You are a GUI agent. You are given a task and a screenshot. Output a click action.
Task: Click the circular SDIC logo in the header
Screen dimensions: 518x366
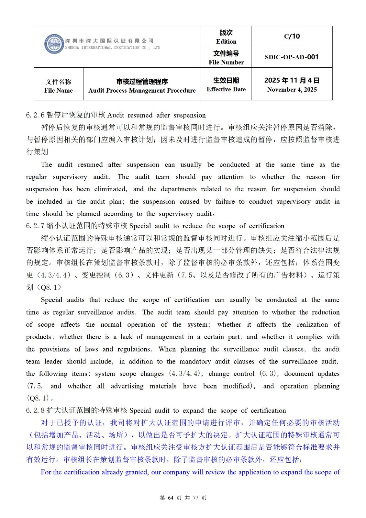54,44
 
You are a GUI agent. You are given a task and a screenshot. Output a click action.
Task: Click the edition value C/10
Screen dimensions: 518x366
292,36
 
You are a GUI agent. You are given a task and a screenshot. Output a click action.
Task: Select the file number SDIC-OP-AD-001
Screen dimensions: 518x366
292,57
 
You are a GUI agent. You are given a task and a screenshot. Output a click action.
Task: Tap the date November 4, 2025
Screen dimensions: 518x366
292,90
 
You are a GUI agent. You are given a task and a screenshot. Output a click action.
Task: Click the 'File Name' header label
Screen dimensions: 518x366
59,91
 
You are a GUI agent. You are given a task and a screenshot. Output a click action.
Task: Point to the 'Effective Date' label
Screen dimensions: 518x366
226,89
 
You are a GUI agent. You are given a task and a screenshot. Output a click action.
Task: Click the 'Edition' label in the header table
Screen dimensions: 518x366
226,41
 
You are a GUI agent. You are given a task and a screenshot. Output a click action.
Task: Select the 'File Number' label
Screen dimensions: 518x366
226,62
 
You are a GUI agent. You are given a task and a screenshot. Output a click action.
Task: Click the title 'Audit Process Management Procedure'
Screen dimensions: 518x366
142,91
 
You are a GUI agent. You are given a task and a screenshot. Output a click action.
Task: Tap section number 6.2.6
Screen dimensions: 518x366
35,115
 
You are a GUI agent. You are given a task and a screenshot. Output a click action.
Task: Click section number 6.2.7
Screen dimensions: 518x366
35,226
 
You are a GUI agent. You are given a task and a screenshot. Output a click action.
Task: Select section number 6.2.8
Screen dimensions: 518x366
35,411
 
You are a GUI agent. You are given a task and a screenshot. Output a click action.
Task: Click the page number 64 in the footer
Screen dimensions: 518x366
171,498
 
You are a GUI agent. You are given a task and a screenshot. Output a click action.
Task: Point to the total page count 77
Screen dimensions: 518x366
195,498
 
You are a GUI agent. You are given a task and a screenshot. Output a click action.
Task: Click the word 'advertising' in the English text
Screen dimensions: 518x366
127,386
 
